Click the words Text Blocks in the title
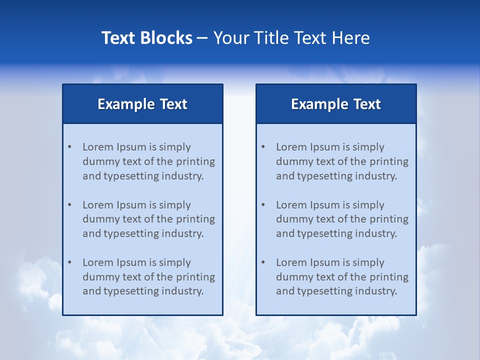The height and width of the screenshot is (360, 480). click(x=146, y=38)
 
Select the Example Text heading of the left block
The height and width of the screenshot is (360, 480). click(x=142, y=104)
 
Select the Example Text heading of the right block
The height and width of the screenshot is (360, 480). click(x=336, y=104)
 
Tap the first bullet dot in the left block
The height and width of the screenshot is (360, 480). click(x=69, y=147)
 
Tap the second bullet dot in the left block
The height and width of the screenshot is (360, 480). click(x=69, y=205)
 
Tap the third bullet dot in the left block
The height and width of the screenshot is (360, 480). click(x=69, y=262)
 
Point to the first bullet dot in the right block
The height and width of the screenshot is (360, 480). click(x=263, y=147)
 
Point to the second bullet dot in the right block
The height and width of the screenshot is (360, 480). click(x=263, y=205)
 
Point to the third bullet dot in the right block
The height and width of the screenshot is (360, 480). click(x=263, y=262)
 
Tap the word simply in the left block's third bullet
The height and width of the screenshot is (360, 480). click(x=175, y=262)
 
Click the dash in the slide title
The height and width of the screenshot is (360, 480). click(x=202, y=38)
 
